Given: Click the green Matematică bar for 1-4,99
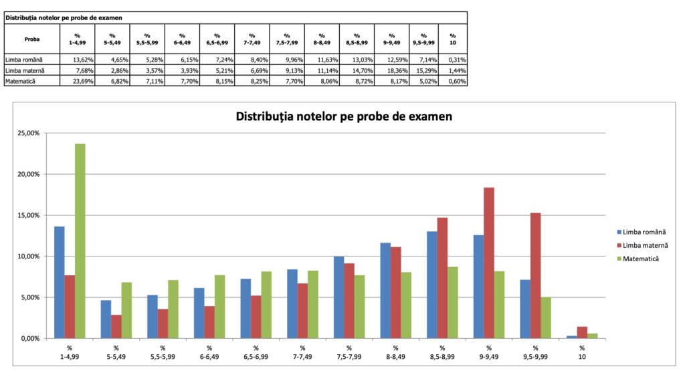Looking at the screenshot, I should (80, 241).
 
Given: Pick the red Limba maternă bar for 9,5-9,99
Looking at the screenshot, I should (535, 275).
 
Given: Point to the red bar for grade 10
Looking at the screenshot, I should (582, 332).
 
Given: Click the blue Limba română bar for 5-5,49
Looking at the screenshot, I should (106, 319).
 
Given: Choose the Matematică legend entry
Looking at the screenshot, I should (640, 258).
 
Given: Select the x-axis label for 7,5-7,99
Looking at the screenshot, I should (349, 352).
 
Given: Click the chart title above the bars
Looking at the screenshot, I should (344, 117).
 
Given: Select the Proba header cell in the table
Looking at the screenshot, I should (31, 39).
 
